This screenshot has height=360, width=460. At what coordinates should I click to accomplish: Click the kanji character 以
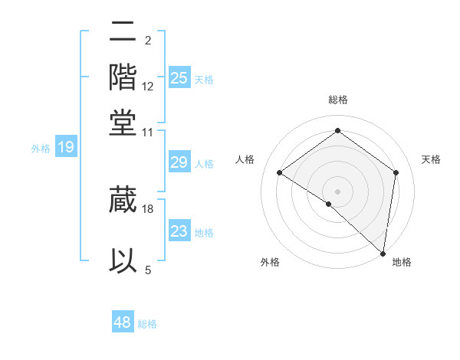click(x=123, y=260)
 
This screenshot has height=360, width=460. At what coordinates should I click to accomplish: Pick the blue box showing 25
click(x=179, y=77)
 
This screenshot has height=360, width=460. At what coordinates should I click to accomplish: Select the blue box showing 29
click(x=179, y=162)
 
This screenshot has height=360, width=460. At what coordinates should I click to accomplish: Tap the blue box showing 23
click(x=179, y=231)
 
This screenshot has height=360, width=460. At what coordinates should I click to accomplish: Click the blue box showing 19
click(x=65, y=147)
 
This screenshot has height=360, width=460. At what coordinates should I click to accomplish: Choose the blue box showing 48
click(x=123, y=322)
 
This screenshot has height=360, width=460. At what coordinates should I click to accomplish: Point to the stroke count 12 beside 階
click(x=147, y=86)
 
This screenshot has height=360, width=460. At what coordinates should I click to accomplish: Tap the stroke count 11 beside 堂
click(x=147, y=132)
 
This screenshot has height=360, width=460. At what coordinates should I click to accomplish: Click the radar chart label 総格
click(x=337, y=100)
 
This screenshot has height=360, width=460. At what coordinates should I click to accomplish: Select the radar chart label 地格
click(x=402, y=263)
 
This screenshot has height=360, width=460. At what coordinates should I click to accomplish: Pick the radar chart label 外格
click(x=270, y=263)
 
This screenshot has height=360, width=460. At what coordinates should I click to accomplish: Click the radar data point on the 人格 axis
click(x=280, y=173)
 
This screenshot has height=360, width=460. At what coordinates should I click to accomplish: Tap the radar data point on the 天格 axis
click(x=396, y=172)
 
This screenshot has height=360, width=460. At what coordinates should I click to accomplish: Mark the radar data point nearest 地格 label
click(x=383, y=253)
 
